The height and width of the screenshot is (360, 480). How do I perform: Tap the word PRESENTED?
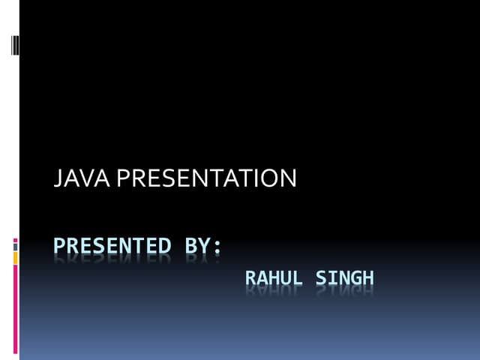tap(112, 246)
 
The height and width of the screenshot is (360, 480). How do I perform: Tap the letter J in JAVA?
tap(58, 178)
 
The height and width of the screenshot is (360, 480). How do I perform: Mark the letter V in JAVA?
tap(79, 178)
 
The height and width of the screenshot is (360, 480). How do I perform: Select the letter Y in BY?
tap(205, 246)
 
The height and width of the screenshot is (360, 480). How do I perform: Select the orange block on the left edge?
tap(16, 257)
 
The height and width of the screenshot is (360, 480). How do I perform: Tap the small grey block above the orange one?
tap(16, 245)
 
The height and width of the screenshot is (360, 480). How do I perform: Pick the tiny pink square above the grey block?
tap(16, 239)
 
